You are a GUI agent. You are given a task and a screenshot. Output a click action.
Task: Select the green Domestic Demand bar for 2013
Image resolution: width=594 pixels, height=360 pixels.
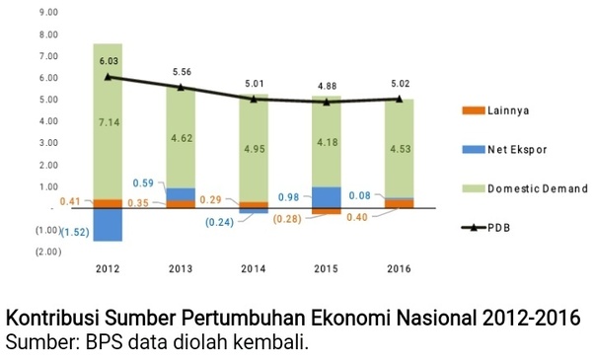coord(181,138)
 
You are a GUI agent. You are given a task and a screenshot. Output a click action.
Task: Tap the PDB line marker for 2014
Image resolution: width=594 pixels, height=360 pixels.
coord(254,99)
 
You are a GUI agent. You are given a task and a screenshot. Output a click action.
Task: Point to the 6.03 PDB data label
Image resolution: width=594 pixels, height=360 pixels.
coord(109,60)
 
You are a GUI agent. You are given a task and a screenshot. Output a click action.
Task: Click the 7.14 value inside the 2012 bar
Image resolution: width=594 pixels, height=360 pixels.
coord(108,122)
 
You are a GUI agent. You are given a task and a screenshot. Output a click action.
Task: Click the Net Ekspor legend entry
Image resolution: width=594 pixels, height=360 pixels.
coord(515,149)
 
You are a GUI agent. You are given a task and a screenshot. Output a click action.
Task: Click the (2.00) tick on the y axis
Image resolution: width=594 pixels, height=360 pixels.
coord(46,252)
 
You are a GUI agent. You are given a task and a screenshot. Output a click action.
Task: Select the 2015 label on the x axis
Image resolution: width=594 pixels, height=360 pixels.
coord(327,268)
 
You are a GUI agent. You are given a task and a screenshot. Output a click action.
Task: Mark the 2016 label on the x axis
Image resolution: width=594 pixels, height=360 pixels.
coord(400,268)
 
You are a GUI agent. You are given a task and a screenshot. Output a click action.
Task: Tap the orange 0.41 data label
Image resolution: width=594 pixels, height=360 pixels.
coord(70,202)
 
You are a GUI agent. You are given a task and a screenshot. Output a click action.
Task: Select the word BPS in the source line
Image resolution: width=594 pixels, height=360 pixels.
coord(94,343)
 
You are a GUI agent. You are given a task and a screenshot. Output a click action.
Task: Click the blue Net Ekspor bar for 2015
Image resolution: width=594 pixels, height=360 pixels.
coord(327,196)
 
